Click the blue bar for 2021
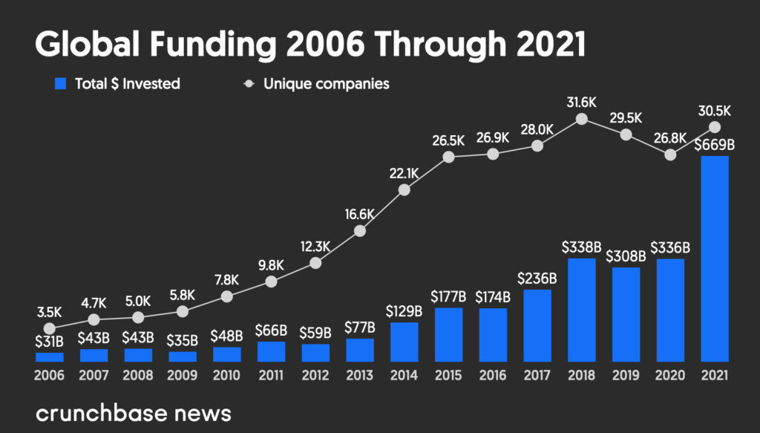point(715,258)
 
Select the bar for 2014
point(404,342)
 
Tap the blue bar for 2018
point(582,310)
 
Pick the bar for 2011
point(271,351)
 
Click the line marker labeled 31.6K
point(582,119)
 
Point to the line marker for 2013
point(360,230)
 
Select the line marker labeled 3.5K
point(49,328)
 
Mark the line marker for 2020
point(670,154)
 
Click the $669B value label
point(715,145)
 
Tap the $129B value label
point(404,311)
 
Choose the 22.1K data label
point(404,173)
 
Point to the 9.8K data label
point(271,265)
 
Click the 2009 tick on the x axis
point(182,376)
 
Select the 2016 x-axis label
point(493,376)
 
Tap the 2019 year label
point(626,376)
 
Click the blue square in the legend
point(61,84)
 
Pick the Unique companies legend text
point(326,84)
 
